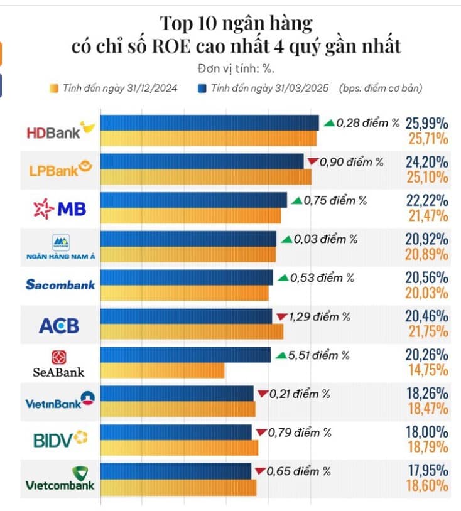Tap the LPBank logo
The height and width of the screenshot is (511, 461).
pyautogui.click(x=60, y=169)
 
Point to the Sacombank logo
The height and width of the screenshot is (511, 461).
pyautogui.click(x=60, y=284)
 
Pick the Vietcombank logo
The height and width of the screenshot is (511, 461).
pyautogui.click(x=60, y=479)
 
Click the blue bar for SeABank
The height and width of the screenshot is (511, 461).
pyautogui.click(x=185, y=355)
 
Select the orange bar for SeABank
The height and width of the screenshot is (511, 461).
pyautogui.click(x=162, y=370)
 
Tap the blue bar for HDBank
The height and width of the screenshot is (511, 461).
pyautogui.click(x=209, y=122)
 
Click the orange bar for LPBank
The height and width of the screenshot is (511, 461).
pyautogui.click(x=205, y=177)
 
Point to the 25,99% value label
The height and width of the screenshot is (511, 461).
pyautogui.click(x=426, y=123)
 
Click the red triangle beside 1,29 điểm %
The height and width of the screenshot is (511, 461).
pyautogui.click(x=281, y=316)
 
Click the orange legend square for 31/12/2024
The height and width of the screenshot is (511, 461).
pyautogui.click(x=53, y=89)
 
